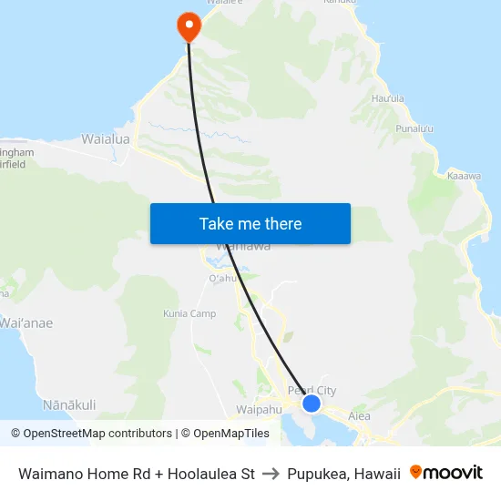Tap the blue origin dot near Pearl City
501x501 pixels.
pos(312,404)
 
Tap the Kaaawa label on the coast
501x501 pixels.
pos(464,176)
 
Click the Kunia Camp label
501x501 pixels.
pos(190,314)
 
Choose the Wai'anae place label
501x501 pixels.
pos(26,323)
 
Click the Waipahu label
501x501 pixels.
pos(249,410)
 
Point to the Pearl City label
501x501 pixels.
pos(312,391)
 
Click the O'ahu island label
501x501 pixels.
pos(223,278)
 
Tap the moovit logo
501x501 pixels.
pos(446,473)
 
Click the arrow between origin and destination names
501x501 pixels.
pos(271,474)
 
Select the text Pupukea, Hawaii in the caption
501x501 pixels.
pos(343,474)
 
